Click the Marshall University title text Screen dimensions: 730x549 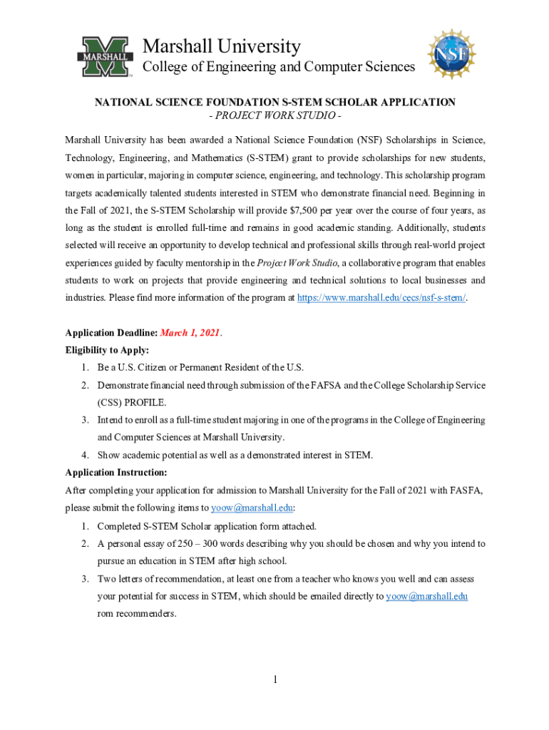(x=222, y=47)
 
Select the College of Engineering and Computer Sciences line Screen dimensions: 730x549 (x=279, y=67)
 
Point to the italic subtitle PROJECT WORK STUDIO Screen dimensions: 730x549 (x=275, y=115)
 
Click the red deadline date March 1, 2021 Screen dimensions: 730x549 (x=190, y=333)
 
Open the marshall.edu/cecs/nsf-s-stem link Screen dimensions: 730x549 (x=381, y=297)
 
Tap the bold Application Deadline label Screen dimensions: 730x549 (x=111, y=333)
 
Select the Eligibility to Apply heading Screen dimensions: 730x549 (x=107, y=350)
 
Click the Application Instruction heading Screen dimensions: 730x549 (x=116, y=472)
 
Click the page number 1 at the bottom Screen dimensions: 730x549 (x=274, y=679)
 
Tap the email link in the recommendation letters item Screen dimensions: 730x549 (x=426, y=596)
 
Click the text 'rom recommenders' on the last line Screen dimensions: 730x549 (x=136, y=613)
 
